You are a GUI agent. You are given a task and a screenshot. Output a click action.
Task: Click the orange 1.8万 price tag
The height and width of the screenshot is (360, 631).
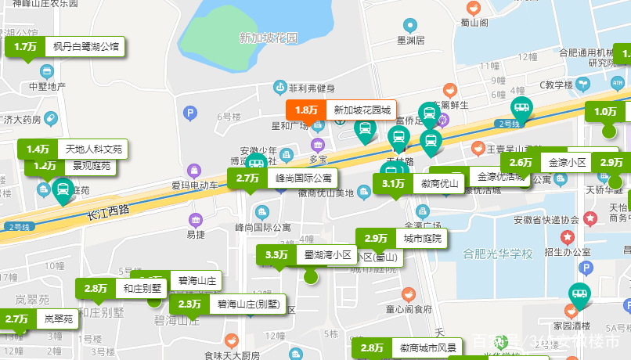click(306, 110)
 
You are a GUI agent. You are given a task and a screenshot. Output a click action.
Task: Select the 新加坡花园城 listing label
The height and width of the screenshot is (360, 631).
click(362, 110)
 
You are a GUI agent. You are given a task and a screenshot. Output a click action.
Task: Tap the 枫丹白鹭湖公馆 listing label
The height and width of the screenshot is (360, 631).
click(85, 47)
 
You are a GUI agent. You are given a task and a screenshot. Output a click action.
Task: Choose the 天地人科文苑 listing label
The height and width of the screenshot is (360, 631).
click(93, 149)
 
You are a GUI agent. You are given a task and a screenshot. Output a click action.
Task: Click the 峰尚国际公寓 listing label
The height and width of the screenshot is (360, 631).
click(305, 178)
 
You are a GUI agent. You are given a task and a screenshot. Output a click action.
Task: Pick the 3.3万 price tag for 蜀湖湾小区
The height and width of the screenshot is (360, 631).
click(276, 254)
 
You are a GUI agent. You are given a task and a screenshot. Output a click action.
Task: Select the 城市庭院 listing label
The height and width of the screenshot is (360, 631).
click(422, 238)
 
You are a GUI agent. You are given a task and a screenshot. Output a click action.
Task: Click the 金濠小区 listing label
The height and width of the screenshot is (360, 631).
click(567, 163)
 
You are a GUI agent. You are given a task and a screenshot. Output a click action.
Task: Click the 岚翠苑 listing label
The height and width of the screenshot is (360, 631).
click(58, 319)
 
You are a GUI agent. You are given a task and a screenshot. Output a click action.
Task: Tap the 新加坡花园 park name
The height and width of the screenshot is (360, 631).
click(269, 38)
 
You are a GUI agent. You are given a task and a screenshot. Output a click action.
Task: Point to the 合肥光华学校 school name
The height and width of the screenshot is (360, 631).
click(498, 254)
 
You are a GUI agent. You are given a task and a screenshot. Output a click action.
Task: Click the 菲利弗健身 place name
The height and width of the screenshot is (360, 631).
click(311, 88)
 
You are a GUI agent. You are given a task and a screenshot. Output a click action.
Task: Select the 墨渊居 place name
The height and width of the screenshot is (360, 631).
click(410, 40)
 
